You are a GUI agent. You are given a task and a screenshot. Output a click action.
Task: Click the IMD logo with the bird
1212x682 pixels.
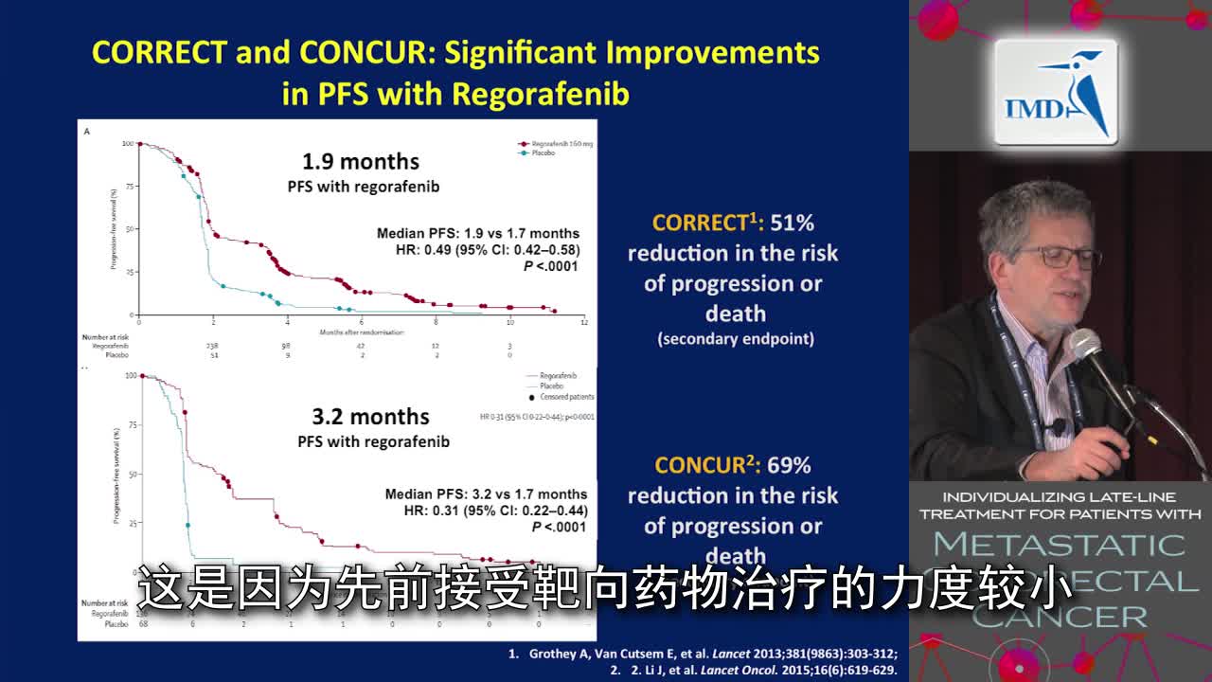[1056, 93]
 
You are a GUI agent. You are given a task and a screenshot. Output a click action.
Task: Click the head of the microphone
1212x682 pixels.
[1086, 346]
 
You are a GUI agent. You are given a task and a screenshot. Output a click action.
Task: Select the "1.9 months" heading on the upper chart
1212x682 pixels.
[360, 162]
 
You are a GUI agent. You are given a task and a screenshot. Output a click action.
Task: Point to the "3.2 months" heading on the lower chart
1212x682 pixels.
[370, 417]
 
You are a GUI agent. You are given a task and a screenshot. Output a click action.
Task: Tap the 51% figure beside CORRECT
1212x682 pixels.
[792, 223]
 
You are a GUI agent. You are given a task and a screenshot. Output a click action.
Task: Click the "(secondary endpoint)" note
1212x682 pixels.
[736, 339]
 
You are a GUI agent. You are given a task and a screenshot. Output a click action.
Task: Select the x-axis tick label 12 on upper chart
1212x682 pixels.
[584, 323]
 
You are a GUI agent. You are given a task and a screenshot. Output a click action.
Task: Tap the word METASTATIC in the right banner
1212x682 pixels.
[1059, 545]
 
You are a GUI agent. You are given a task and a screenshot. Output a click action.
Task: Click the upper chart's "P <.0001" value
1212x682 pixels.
[550, 266]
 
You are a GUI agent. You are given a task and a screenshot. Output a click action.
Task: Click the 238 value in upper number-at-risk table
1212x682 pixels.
[213, 347]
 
